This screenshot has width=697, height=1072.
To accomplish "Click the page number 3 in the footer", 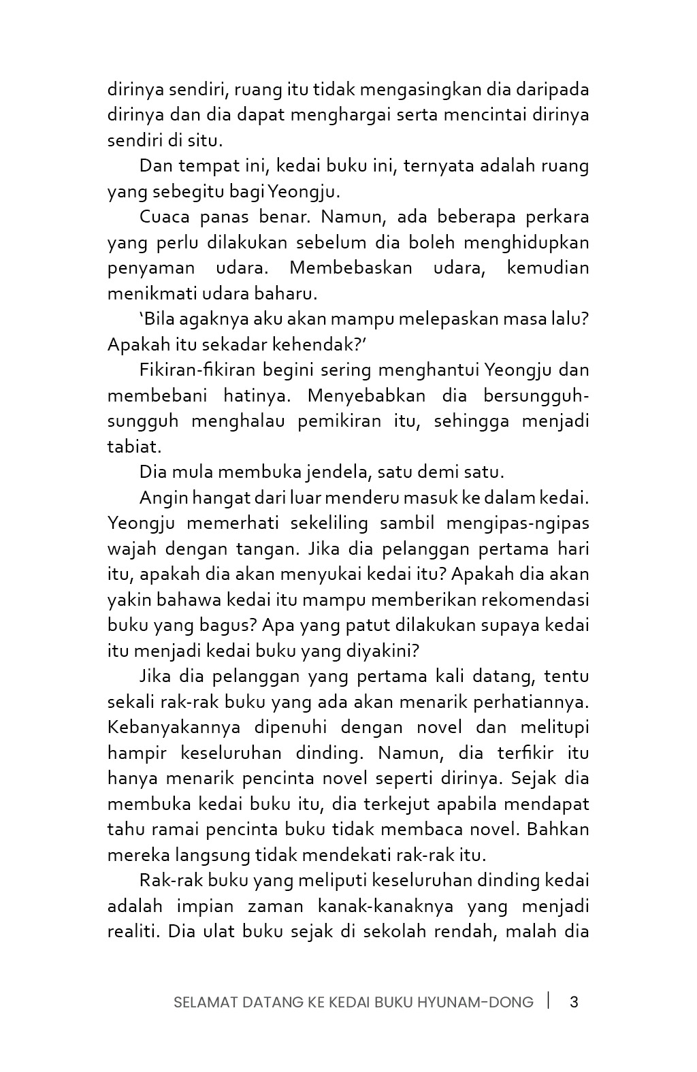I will pos(573,1002).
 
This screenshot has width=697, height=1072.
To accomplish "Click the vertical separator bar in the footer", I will pos(549,1001).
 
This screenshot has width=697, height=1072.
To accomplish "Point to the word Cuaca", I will pos(164,217).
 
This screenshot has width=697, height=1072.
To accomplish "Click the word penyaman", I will pos(150,267).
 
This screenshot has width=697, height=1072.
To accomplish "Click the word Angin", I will pos(163,498).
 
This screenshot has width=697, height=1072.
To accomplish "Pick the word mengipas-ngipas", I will pos(518,523).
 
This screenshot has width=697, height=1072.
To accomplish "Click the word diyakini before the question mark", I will pos(380,651).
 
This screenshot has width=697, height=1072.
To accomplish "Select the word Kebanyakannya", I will pos(174,727).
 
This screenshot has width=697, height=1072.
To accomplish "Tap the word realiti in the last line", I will pos(133,931).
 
